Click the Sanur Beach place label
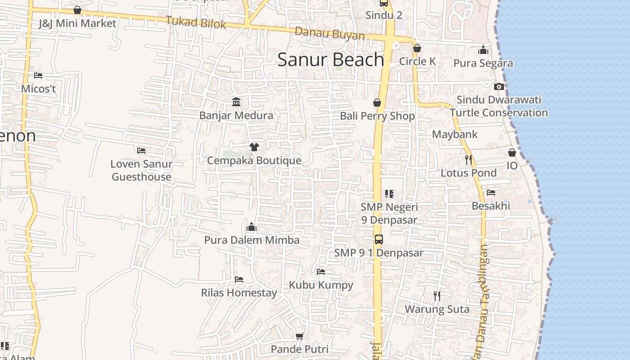click(x=331, y=60)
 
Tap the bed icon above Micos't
click(x=38, y=76)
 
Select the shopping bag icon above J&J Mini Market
click(x=77, y=10)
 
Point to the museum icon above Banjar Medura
click(x=236, y=102)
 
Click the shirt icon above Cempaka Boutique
click(x=254, y=147)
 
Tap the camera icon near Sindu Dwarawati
click(x=499, y=86)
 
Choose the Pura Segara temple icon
click(x=483, y=50)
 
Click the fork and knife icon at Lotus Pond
click(x=468, y=159)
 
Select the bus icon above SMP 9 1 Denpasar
click(x=379, y=239)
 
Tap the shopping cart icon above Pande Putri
click(x=300, y=336)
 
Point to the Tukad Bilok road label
click(x=196, y=22)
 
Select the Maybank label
click(x=454, y=134)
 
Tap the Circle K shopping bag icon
click(x=417, y=48)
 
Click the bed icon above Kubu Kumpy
click(x=321, y=272)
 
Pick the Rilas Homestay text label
click(x=239, y=293)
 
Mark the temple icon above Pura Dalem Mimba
click(x=252, y=227)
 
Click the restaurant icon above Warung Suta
click(x=436, y=296)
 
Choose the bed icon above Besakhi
click(x=491, y=193)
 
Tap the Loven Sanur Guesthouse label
click(x=141, y=170)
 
